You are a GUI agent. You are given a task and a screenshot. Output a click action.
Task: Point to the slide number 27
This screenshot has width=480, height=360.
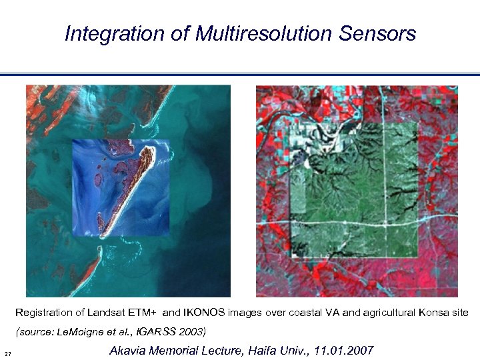click(x=7, y=353)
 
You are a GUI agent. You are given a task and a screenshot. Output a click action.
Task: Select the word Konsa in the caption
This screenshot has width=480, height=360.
click(x=433, y=313)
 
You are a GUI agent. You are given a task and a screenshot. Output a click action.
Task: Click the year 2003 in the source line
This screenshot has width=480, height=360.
click(x=193, y=331)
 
